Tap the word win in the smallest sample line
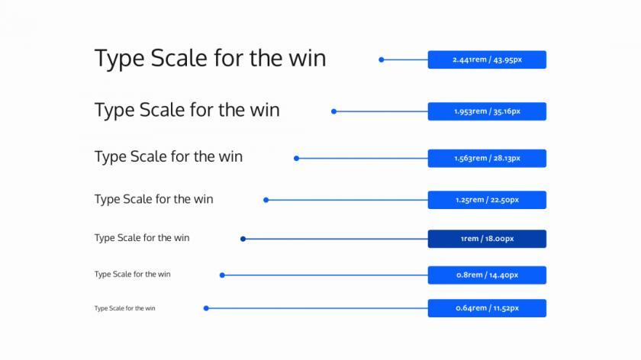(x=150, y=308)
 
